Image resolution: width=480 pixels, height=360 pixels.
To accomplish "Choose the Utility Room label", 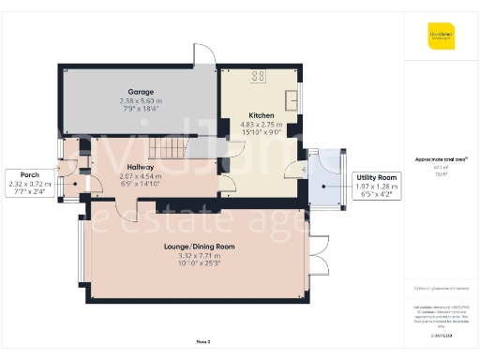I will coord(374,176).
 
